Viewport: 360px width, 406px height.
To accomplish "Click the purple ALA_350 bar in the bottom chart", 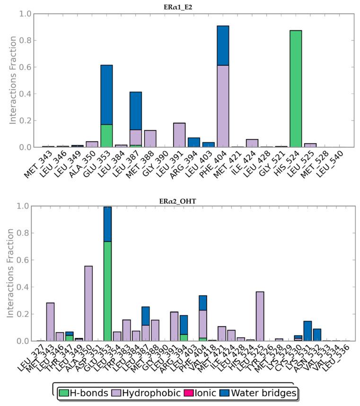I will (88, 303).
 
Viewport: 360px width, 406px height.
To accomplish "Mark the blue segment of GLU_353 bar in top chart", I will (106, 95).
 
